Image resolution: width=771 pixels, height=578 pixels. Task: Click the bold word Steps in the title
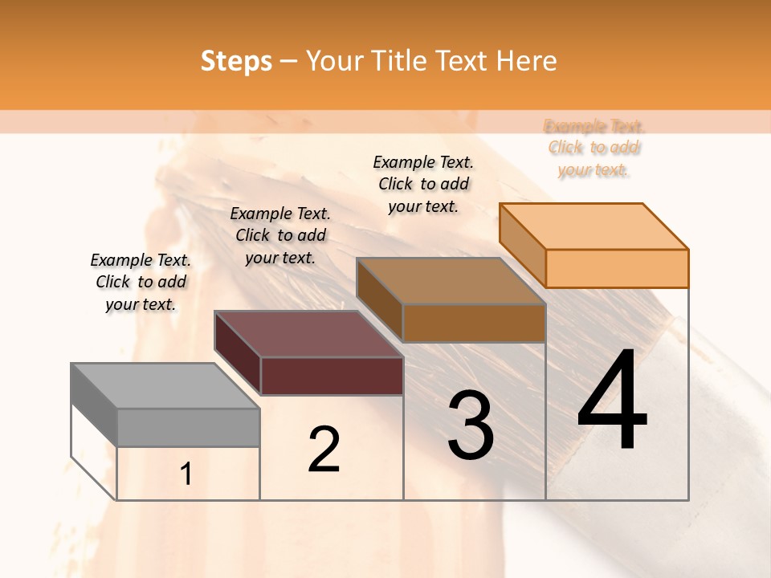(x=236, y=61)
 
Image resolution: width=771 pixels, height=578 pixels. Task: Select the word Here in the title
(x=527, y=61)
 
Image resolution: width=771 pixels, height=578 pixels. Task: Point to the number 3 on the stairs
(x=470, y=425)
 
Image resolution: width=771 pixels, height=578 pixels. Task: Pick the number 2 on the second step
(x=324, y=449)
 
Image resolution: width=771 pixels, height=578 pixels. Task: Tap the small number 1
(x=186, y=474)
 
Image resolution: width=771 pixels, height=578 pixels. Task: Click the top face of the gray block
(x=165, y=385)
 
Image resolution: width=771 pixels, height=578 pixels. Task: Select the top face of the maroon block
(x=308, y=333)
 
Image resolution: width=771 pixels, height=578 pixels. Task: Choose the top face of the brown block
(x=451, y=281)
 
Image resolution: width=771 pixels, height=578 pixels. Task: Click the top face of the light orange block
(x=594, y=226)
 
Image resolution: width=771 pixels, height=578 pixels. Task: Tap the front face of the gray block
(x=188, y=427)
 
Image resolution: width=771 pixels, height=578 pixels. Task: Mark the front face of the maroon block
(x=332, y=376)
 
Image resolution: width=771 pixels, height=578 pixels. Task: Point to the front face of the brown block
(x=474, y=323)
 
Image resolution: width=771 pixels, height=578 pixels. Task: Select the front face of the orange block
(x=617, y=268)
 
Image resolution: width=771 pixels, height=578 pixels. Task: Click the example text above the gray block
(x=141, y=282)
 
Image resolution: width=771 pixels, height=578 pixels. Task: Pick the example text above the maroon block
(x=280, y=235)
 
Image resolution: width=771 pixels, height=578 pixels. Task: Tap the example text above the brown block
(x=423, y=184)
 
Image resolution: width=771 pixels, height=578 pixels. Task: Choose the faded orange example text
(x=594, y=148)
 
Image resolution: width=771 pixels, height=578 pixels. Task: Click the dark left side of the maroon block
(x=238, y=353)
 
